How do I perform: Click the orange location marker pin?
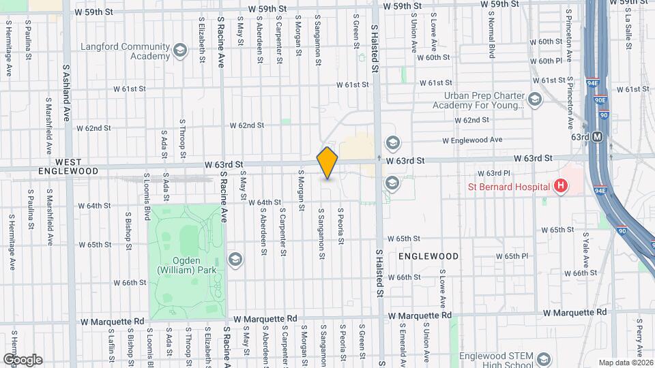point(327,163)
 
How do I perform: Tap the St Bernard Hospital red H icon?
point(561,185)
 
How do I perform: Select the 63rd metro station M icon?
point(598,137)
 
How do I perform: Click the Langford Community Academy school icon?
point(180,50)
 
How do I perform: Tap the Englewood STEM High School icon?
point(543,359)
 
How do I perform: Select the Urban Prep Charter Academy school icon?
point(535,101)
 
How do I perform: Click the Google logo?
point(23,359)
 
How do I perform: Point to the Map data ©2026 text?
point(625,363)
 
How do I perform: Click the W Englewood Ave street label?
point(472,140)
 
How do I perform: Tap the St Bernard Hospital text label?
point(508,186)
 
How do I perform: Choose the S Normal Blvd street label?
point(491,37)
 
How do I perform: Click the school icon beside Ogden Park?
point(235,258)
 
